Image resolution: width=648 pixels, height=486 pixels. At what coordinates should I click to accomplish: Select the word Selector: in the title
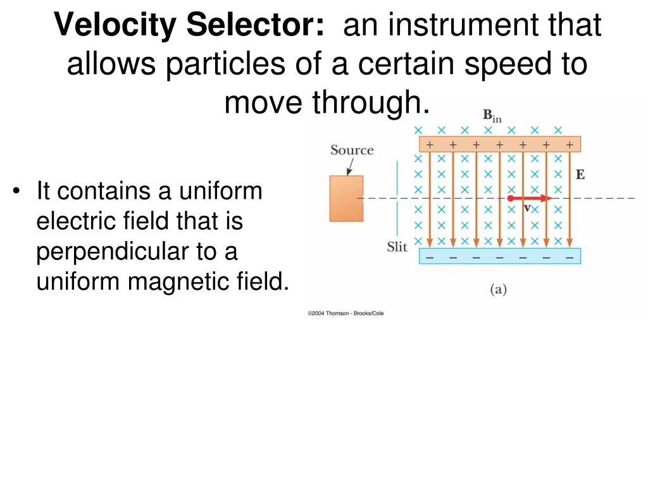[257, 26]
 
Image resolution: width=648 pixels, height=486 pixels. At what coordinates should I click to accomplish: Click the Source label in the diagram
[352, 150]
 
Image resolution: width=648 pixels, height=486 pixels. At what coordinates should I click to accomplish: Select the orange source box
[346, 198]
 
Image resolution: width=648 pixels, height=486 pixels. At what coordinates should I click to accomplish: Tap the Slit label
[397, 247]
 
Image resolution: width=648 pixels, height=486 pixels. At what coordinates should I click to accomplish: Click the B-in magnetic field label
[492, 116]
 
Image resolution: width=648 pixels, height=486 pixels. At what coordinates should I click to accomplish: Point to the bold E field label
[580, 175]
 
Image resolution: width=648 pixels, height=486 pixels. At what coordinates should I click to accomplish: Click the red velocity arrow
[530, 198]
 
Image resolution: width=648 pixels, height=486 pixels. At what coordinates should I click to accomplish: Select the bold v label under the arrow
[526, 208]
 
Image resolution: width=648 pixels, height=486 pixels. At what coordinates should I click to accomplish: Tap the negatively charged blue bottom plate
[499, 257]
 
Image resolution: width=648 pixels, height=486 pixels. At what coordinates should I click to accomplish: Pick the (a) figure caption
[499, 290]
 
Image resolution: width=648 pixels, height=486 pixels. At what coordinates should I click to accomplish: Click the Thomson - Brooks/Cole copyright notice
[346, 313]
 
